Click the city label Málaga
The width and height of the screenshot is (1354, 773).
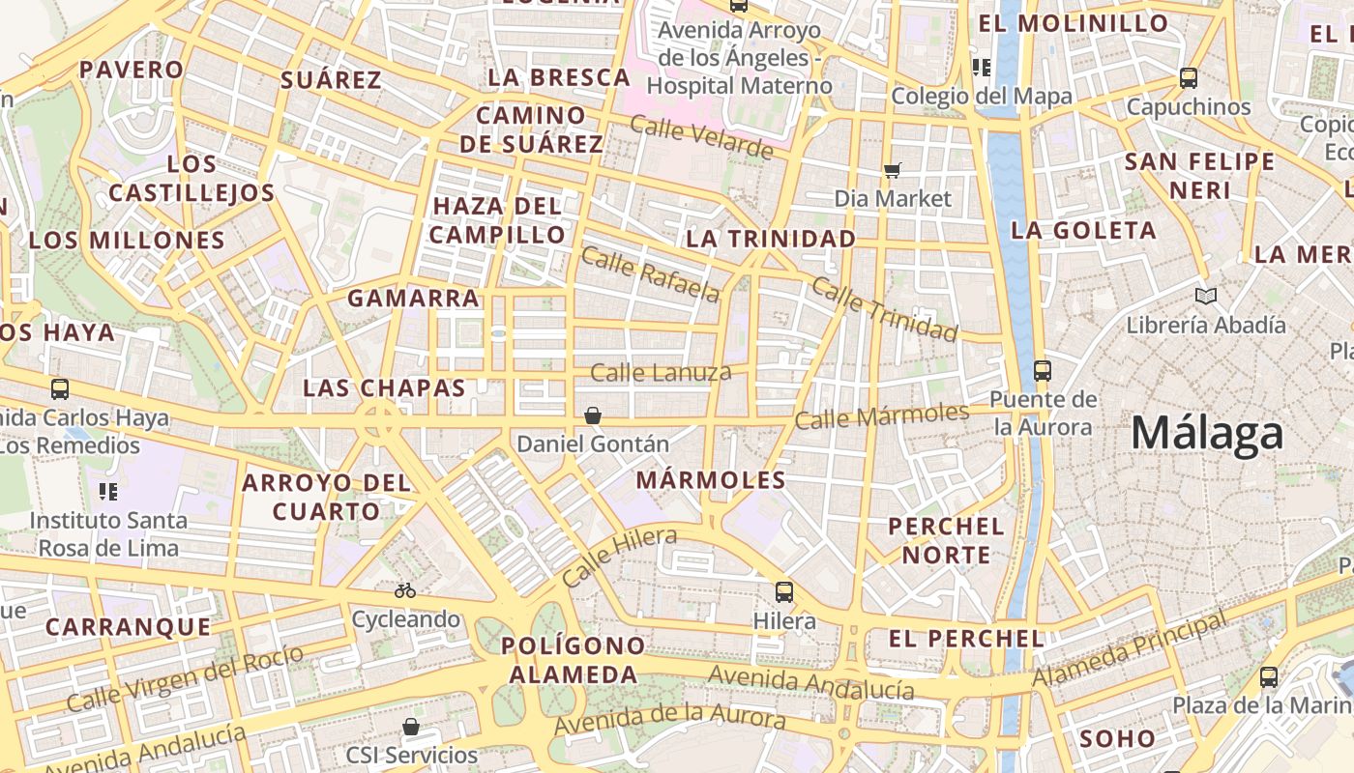(1207, 433)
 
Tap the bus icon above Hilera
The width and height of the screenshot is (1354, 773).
(784, 591)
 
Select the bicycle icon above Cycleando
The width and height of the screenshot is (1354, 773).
(405, 589)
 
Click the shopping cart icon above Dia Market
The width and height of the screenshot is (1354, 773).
(892, 170)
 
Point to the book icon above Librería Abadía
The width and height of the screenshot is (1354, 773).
(1205, 296)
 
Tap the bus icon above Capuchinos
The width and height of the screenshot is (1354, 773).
(1189, 78)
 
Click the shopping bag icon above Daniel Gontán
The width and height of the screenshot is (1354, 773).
(593, 415)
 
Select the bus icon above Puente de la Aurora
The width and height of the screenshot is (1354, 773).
(1043, 370)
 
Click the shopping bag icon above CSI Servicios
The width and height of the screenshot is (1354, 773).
(411, 726)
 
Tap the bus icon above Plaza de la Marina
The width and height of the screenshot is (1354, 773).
(1269, 677)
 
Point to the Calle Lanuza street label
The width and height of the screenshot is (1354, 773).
(661, 372)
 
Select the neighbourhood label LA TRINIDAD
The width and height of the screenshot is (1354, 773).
(771, 239)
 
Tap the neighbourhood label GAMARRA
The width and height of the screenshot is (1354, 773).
(414, 299)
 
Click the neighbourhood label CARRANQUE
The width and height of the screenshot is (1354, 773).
(129, 627)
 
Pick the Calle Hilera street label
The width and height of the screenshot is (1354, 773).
(618, 557)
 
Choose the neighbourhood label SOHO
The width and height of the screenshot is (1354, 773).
(1117, 739)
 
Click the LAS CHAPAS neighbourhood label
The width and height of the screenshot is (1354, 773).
(384, 388)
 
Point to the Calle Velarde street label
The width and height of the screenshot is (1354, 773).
(701, 136)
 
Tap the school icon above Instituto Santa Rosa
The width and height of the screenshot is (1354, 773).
(108, 492)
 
